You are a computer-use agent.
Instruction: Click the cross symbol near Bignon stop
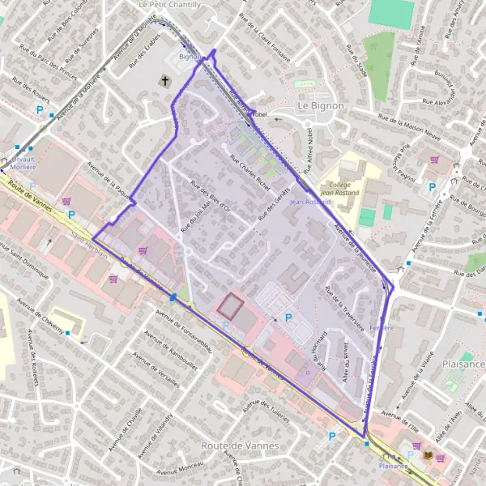pos(166,80)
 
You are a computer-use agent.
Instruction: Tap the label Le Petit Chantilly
pos(170,5)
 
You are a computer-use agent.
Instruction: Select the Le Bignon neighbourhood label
pos(321,105)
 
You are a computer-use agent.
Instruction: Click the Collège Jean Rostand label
pos(339,188)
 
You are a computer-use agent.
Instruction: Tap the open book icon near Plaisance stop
pos(428,457)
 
